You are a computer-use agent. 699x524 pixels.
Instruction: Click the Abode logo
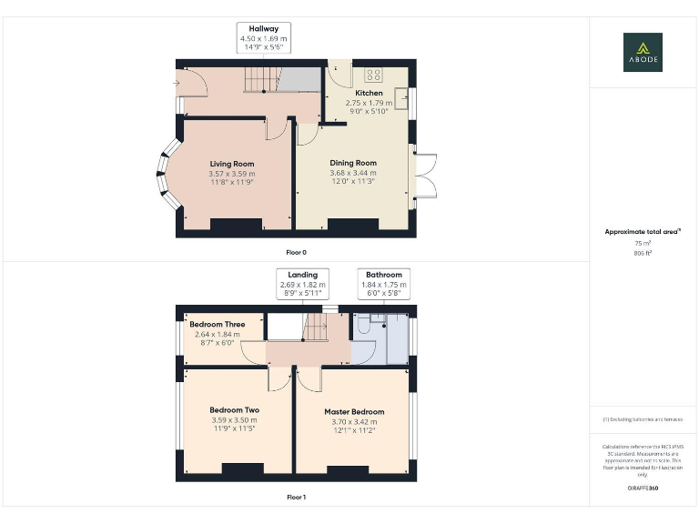(x=643, y=52)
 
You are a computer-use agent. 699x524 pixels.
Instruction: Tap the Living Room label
(x=231, y=164)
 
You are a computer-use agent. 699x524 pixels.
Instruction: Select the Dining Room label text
(x=352, y=163)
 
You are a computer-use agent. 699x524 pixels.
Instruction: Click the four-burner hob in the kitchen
(x=373, y=75)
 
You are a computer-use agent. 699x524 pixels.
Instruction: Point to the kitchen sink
(x=400, y=92)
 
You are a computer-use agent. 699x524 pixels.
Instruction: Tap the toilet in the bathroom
(x=362, y=325)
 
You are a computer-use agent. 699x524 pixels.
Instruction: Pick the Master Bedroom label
(x=354, y=411)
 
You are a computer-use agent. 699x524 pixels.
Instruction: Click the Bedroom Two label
(x=234, y=410)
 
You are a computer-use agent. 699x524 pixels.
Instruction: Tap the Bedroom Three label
(x=217, y=325)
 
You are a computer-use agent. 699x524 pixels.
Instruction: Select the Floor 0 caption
(x=296, y=251)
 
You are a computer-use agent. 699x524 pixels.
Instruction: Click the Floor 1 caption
(x=296, y=498)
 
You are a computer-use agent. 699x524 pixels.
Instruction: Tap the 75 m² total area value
(x=643, y=244)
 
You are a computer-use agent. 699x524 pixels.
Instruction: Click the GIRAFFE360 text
(x=643, y=489)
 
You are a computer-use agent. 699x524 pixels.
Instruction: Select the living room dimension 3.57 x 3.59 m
(x=231, y=174)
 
